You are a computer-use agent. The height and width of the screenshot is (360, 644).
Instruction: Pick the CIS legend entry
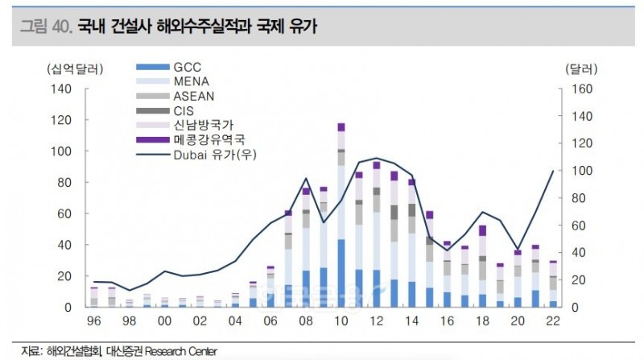(x=184, y=110)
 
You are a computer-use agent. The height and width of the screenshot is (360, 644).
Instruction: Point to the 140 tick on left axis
(x=62, y=89)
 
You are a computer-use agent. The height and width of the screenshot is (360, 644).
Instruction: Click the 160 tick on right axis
(x=581, y=89)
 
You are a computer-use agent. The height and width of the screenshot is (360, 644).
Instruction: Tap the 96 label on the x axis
(x=93, y=321)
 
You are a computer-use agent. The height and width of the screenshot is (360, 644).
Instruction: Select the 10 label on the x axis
(x=341, y=321)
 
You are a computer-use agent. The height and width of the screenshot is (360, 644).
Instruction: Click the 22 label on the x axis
(x=552, y=321)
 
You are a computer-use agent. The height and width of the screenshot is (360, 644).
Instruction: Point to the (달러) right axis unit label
(x=579, y=68)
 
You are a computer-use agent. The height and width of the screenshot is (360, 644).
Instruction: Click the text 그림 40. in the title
(x=45, y=27)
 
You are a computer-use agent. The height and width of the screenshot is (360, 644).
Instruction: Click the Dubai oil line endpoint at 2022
(x=552, y=171)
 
